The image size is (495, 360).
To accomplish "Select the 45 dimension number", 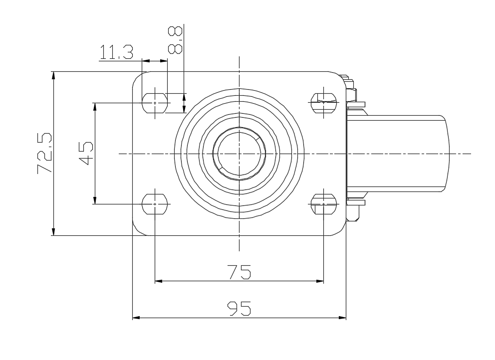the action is click(86, 154).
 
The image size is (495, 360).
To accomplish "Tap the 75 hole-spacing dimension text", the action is click(240, 272).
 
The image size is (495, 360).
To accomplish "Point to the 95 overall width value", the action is click(240, 309).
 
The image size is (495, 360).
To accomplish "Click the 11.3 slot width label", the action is click(116, 52).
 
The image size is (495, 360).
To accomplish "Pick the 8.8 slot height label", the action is click(175, 40).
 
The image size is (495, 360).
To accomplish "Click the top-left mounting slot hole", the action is click(155, 103).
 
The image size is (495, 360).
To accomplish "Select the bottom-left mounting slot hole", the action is click(155, 204).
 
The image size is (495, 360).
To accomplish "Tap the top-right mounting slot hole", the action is click(323, 103).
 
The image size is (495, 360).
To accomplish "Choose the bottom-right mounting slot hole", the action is click(323, 204).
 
